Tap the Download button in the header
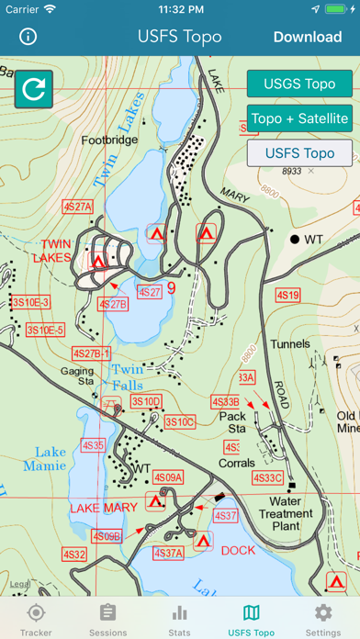click(x=307, y=37)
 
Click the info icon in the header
click(x=28, y=37)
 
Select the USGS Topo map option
click(x=299, y=84)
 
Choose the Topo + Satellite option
click(x=299, y=118)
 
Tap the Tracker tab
click(x=36, y=619)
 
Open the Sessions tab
click(x=107, y=619)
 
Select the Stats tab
click(x=179, y=619)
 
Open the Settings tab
click(x=323, y=619)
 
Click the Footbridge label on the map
click(x=109, y=141)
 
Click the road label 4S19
click(x=287, y=296)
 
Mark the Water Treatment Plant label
click(x=292, y=513)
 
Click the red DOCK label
click(x=238, y=551)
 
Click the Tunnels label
click(x=290, y=344)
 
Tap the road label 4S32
click(x=74, y=555)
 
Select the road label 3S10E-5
click(x=45, y=330)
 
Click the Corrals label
click(x=237, y=464)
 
